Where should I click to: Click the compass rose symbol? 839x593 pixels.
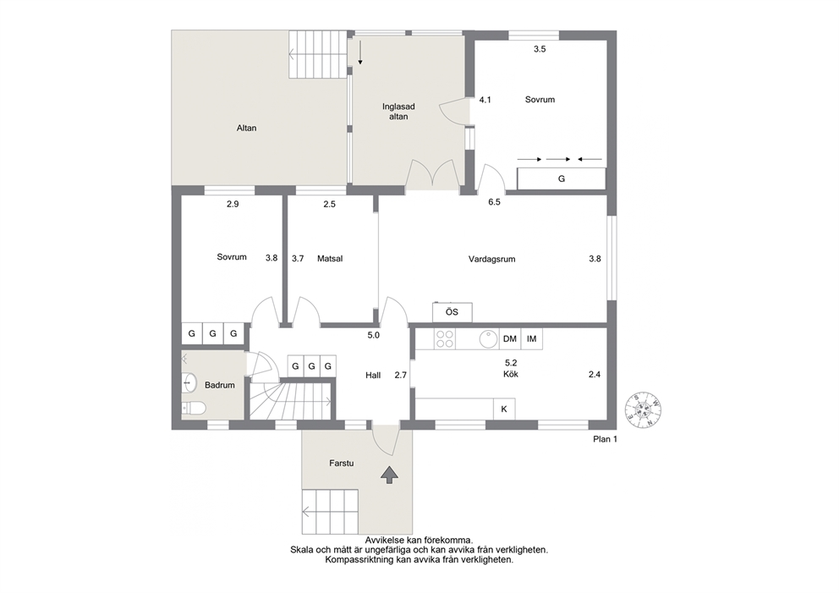[644, 410]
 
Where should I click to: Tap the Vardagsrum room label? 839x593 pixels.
[491, 259]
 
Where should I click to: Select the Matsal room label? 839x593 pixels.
[330, 259]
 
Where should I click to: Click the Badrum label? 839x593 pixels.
[219, 385]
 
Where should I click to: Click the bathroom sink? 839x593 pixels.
[189, 382]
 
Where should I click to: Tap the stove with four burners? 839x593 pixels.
[445, 338]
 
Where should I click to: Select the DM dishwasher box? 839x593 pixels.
[510, 338]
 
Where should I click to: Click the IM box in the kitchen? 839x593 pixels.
[531, 338]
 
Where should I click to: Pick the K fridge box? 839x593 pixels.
[504, 409]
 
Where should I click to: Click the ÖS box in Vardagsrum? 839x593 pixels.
[452, 312]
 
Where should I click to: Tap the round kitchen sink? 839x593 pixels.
[488, 338]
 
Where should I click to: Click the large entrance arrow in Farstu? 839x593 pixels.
[389, 475]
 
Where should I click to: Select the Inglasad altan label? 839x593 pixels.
[398, 112]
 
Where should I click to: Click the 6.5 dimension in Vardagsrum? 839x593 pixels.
[494, 202]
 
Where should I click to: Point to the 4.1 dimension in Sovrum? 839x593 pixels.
[485, 100]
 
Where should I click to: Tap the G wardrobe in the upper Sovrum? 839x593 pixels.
[562, 178]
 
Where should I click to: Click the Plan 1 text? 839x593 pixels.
[606, 439]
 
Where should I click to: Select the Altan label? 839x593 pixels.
[247, 128]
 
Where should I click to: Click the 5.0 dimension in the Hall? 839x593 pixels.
[373, 336]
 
